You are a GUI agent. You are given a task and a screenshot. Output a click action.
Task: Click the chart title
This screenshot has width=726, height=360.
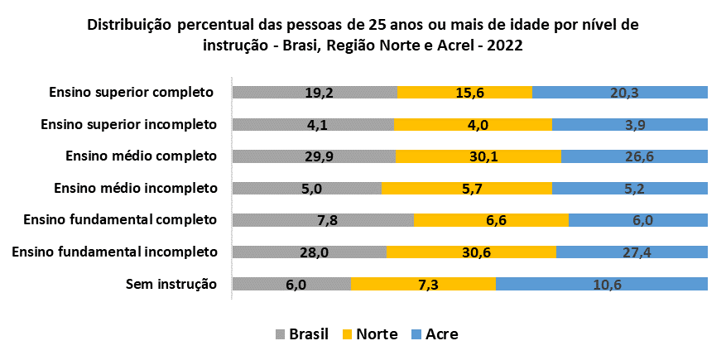click(363, 35)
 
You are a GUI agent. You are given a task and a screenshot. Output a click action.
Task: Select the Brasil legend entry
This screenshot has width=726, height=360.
click(301, 334)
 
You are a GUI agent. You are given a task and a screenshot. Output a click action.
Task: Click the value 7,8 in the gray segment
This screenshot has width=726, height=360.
click(323, 220)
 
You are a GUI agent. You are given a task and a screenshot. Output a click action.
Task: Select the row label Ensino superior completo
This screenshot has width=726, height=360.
click(132, 92)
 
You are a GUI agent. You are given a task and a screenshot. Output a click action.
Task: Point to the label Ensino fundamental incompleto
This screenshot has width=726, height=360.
click(114, 252)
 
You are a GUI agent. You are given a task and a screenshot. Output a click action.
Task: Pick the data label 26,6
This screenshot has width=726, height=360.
click(633, 156)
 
